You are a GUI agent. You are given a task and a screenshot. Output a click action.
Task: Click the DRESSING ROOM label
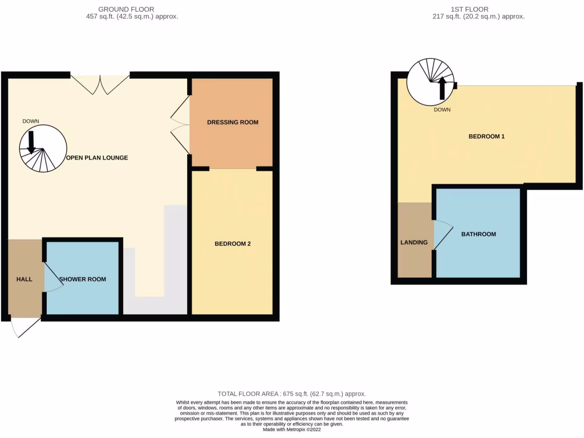click(x=232, y=122)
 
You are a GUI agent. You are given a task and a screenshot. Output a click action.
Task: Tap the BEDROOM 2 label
click(x=233, y=244)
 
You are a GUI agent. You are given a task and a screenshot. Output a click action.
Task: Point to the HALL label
click(x=24, y=279)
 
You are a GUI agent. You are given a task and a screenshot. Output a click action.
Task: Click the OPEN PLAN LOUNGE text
click(x=96, y=157)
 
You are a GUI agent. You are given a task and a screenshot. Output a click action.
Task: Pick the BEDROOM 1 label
click(x=486, y=136)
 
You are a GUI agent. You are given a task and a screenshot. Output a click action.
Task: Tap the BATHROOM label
click(x=478, y=234)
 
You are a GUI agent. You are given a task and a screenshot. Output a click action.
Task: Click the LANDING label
click(x=414, y=242)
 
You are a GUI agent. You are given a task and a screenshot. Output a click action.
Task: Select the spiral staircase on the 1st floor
click(x=431, y=83)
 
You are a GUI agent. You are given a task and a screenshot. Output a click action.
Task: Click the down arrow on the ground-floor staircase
click(x=31, y=141)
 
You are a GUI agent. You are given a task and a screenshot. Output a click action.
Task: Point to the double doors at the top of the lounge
click(x=100, y=84)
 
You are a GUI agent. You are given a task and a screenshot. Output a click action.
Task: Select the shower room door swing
click(x=54, y=279)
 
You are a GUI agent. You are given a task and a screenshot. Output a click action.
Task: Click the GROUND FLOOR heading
click(x=126, y=9)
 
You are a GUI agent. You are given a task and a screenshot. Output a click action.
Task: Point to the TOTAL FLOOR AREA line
click(x=291, y=394)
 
